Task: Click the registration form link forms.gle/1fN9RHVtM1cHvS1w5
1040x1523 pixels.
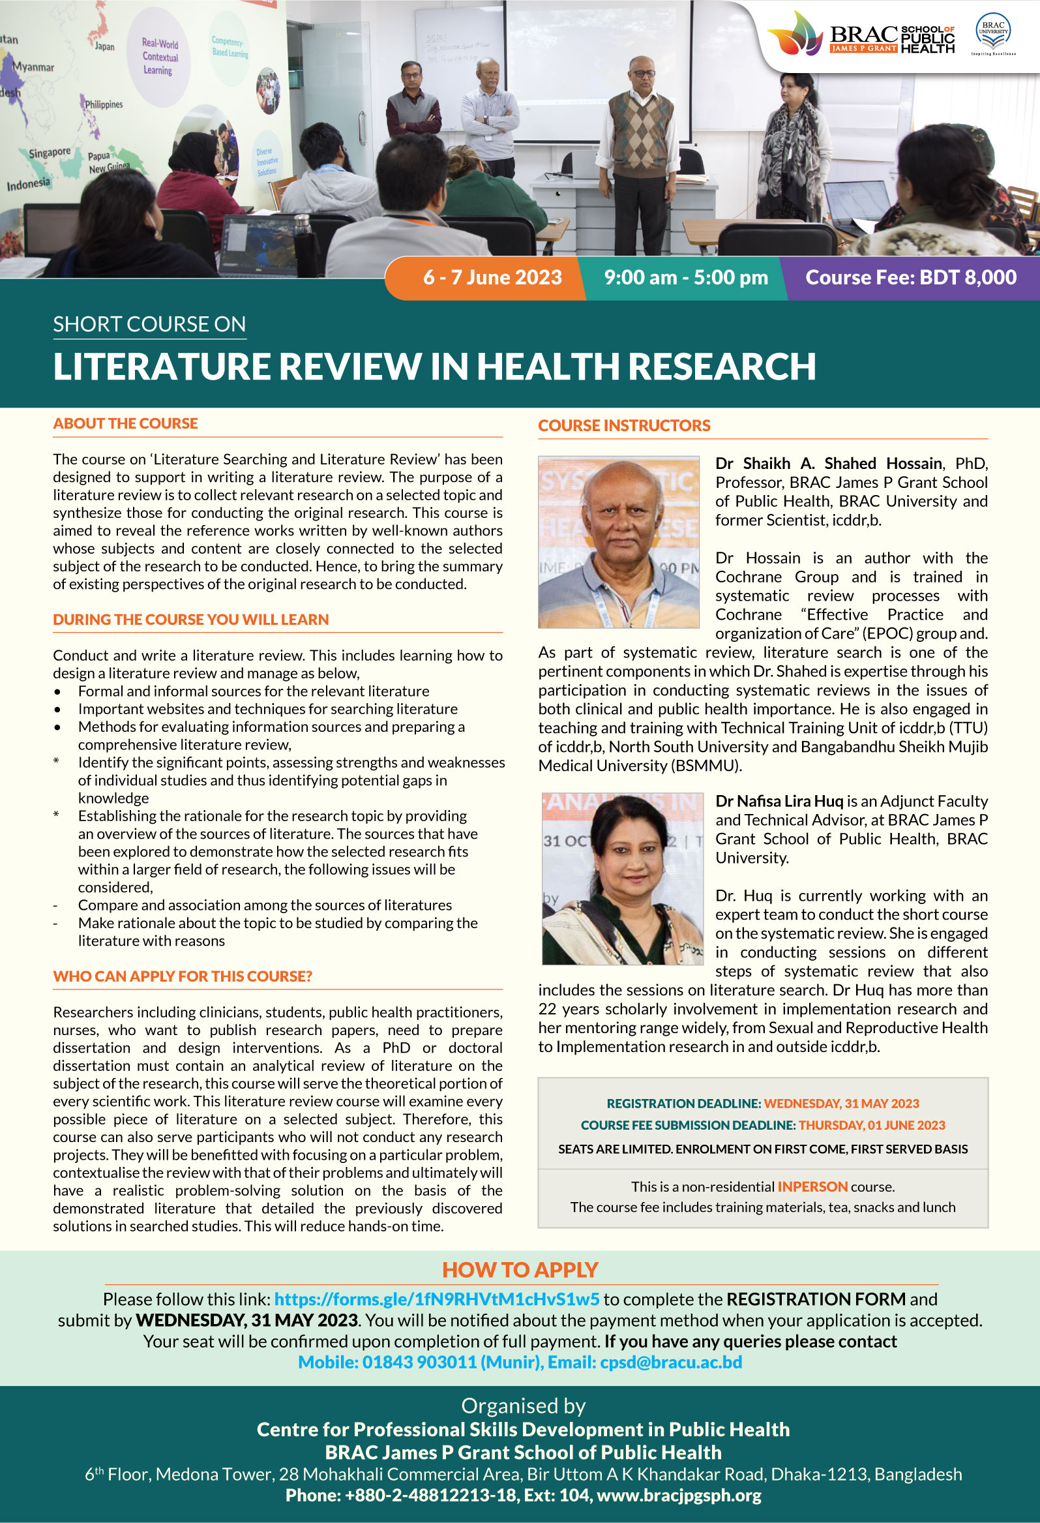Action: (x=436, y=1299)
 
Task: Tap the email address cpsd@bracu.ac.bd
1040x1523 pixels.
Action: (x=671, y=1362)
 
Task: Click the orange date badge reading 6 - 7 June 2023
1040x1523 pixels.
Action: (x=492, y=277)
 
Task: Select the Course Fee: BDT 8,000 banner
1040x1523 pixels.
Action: (x=910, y=277)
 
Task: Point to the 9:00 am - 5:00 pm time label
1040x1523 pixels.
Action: (x=685, y=277)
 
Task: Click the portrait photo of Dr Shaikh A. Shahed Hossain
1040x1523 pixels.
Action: (x=619, y=542)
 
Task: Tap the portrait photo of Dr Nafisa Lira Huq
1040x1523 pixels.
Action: (x=622, y=879)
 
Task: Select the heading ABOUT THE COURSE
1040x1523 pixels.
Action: (x=125, y=423)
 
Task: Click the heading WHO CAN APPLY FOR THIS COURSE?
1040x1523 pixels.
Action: (x=182, y=976)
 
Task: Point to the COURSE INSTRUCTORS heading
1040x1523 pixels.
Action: (x=624, y=425)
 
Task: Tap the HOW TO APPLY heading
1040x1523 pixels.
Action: (x=520, y=1269)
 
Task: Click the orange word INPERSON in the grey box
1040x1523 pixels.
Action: (x=812, y=1186)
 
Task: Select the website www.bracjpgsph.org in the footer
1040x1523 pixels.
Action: (x=679, y=1495)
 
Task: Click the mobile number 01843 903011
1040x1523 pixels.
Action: (x=419, y=1362)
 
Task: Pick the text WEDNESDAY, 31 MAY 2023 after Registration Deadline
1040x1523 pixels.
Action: (x=841, y=1103)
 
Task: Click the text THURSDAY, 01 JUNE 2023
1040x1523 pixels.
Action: (x=872, y=1124)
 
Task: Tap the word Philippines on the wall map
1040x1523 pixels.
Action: (x=104, y=104)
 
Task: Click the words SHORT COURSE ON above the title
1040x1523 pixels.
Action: (x=149, y=324)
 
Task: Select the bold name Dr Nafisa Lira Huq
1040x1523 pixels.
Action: (x=779, y=801)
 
